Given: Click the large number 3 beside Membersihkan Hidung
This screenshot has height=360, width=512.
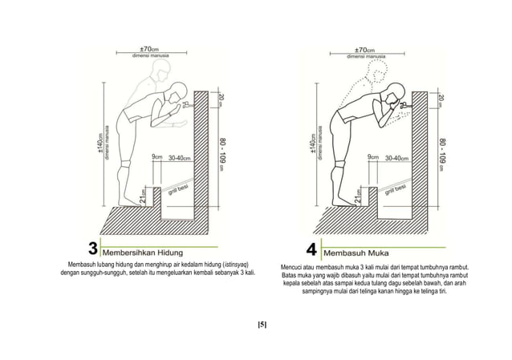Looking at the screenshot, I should [94, 247].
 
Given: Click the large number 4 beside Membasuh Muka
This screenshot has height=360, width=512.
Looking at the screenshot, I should [311, 247].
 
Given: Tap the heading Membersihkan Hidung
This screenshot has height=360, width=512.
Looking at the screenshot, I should [143, 248].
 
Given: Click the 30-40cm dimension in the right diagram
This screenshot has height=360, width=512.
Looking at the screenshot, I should [399, 158].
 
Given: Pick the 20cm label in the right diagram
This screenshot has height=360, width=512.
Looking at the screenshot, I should [440, 101].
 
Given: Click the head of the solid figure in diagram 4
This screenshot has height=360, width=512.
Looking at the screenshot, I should [393, 93].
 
